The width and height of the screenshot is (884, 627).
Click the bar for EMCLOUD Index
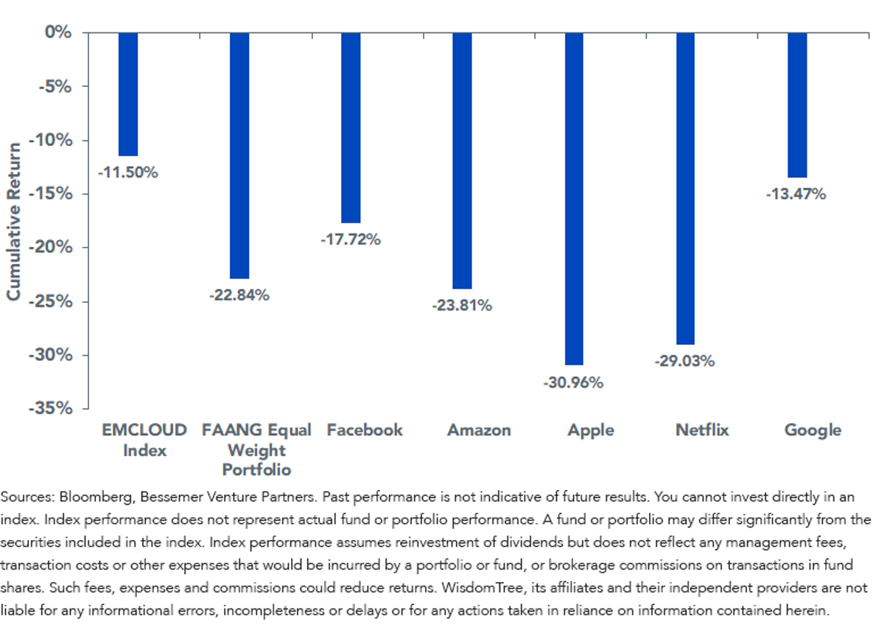pyautogui.click(x=128, y=94)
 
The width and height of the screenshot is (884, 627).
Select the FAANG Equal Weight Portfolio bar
pyautogui.click(x=239, y=156)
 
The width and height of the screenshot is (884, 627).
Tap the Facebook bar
pyautogui.click(x=351, y=128)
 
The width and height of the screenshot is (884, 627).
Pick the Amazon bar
pyautogui.click(x=462, y=161)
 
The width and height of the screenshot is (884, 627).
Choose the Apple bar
pyautogui.click(x=574, y=199)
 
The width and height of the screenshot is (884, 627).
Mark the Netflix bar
pyautogui.click(x=686, y=189)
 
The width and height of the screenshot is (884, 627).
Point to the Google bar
pyautogui.click(x=798, y=105)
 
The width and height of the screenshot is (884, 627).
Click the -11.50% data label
pyautogui.click(x=128, y=172)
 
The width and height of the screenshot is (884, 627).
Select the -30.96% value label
pyautogui.click(x=573, y=382)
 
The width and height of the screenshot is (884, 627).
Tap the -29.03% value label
pyautogui.click(x=684, y=361)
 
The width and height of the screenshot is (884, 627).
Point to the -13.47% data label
pyautogui.click(x=796, y=194)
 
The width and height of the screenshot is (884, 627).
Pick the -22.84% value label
pyautogui.click(x=239, y=295)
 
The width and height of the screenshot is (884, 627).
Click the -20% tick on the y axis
pyautogui.click(x=51, y=248)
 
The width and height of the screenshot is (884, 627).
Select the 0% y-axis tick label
pyautogui.click(x=58, y=32)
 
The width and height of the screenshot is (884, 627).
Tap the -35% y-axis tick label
pyautogui.click(x=51, y=408)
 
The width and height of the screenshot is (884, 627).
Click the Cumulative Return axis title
pyautogui.click(x=13, y=222)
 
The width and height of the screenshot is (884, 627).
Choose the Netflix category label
pyautogui.click(x=702, y=430)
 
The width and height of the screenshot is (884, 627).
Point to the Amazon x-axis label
pyautogui.click(x=479, y=430)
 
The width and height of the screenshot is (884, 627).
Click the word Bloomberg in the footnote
pyautogui.click(x=96, y=497)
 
